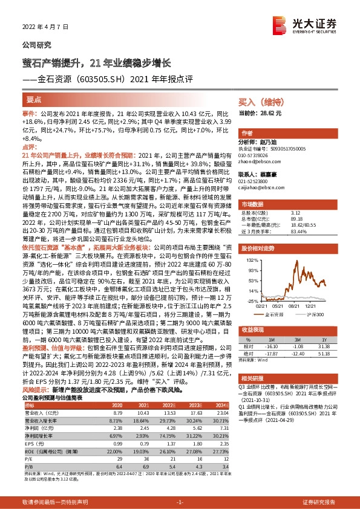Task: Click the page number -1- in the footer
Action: click(179, 502)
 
